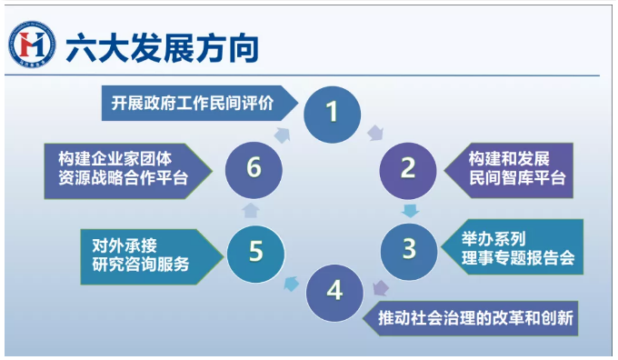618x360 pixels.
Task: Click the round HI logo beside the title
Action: [32, 45]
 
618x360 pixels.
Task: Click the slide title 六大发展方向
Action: [163, 48]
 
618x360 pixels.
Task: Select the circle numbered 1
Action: [333, 115]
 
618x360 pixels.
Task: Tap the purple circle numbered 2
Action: [408, 171]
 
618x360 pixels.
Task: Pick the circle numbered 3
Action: [409, 252]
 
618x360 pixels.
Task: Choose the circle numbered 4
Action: [334, 293]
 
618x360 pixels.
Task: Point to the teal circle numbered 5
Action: [255, 254]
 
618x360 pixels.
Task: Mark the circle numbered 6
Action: [254, 170]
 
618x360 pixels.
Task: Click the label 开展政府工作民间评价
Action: [200, 103]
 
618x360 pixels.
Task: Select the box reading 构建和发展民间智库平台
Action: [508, 170]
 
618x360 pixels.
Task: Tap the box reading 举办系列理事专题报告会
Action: [512, 247]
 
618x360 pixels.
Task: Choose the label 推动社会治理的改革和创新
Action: [470, 318]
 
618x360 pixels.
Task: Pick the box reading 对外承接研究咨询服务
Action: [152, 256]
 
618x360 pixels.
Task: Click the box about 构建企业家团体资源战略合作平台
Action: [128, 171]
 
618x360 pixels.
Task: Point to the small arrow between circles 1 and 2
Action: [375, 133]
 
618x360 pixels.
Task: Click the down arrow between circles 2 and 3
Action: [410, 211]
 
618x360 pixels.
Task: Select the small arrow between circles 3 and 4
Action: [381, 288]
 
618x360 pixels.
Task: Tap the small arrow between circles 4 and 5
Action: [292, 284]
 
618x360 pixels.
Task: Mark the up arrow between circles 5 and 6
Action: [251, 210]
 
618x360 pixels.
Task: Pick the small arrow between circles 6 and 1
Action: [283, 135]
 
